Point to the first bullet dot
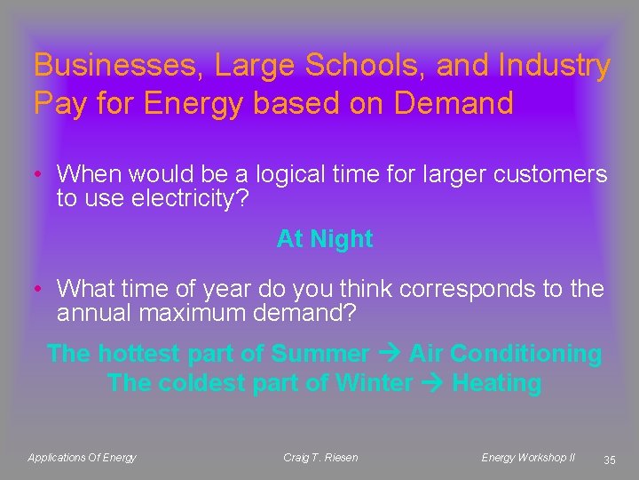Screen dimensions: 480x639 coord(40,174)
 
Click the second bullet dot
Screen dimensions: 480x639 coord(40,290)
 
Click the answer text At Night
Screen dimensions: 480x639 coord(325,239)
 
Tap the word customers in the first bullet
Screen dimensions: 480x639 coord(544,174)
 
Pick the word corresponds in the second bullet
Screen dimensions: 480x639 coord(452,290)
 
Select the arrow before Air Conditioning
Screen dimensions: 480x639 coord(389,354)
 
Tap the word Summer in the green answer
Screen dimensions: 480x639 coord(320,354)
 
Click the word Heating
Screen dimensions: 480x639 coord(496,384)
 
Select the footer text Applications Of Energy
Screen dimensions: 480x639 coord(83,458)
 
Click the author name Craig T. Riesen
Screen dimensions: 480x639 coord(320,458)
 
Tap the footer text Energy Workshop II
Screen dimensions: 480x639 coord(528,458)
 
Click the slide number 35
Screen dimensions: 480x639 coord(609,460)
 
